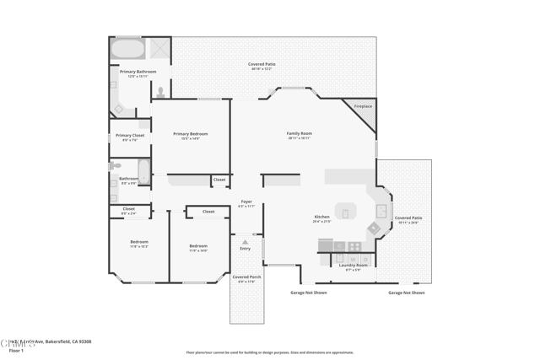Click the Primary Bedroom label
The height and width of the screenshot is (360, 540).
(190, 134)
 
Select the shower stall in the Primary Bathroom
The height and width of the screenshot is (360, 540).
(160, 49)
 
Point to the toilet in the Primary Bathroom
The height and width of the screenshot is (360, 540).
(160, 92)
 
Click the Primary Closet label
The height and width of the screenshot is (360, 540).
(130, 136)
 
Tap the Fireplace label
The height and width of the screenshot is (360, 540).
(363, 106)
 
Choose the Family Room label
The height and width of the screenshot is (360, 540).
(299, 134)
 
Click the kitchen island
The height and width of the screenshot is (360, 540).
(345, 211)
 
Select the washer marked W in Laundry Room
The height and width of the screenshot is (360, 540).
(340, 247)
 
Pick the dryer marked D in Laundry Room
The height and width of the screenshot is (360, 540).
(327, 247)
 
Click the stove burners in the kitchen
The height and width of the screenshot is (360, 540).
(355, 247)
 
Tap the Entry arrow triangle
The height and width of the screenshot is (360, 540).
(246, 242)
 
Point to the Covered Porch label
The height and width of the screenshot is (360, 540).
(246, 277)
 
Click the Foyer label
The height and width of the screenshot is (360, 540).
(246, 202)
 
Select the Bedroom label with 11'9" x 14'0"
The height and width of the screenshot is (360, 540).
(198, 246)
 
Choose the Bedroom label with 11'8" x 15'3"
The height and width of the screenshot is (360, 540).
(139, 242)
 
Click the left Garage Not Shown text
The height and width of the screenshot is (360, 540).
(308, 293)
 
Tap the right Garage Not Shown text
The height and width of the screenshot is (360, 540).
(407, 293)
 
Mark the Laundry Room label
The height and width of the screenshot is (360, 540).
(354, 266)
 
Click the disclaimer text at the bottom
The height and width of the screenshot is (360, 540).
(270, 352)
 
